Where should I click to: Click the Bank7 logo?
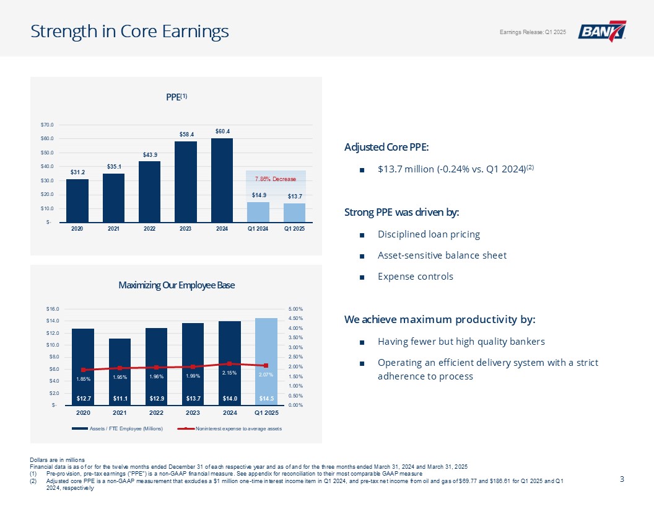[x=602, y=32]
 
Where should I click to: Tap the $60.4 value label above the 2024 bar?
[x=222, y=131]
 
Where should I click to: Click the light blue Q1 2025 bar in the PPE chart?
[x=294, y=212]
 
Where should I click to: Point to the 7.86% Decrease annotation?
[x=276, y=179]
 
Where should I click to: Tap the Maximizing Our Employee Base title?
[x=177, y=285]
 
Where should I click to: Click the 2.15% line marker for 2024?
[x=229, y=363]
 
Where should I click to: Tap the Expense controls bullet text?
[x=415, y=276]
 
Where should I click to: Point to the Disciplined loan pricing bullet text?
[x=429, y=234]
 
